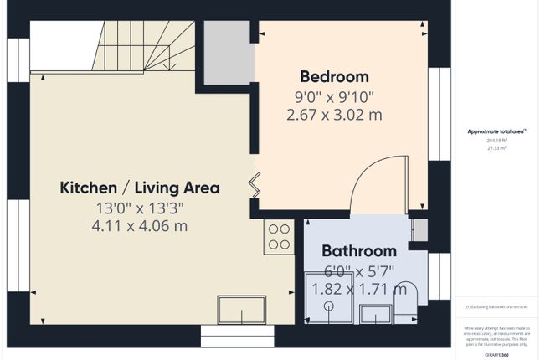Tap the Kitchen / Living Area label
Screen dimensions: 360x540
(140, 188)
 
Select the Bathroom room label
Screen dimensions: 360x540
(358, 250)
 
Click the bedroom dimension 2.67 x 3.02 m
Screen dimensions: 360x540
(333, 115)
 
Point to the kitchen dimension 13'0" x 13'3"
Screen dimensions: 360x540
(140, 208)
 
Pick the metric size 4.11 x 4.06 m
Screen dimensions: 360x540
(140, 226)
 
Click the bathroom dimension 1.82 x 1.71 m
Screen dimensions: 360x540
(358, 289)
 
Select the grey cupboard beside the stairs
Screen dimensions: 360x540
(229, 52)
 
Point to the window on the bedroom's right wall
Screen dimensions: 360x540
(435, 113)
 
